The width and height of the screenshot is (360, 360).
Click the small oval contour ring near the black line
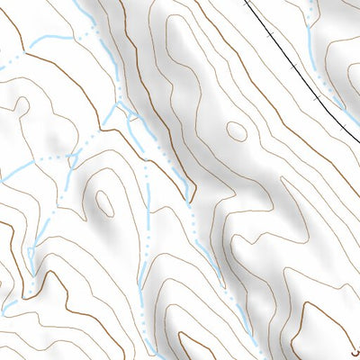click(x=237, y=131)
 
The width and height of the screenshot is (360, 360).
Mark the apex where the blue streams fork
click(x=118, y=103)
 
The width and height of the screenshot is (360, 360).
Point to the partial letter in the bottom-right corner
click(x=355, y=353)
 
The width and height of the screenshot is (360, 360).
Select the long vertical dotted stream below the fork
click(x=145, y=234)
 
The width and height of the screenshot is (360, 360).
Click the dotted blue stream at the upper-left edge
click(x=7, y=58)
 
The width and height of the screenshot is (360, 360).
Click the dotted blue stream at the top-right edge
click(x=312, y=11)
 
